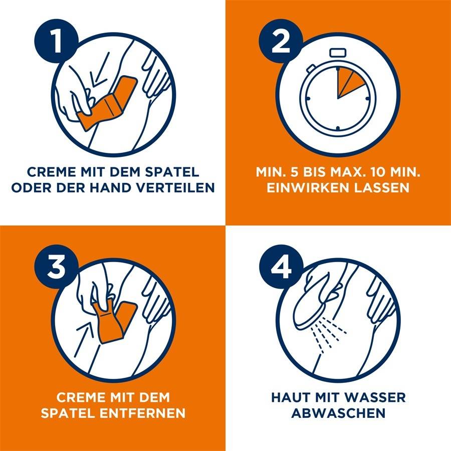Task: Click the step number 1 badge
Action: [56, 41]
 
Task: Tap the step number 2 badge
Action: [281, 41]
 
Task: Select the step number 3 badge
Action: [56, 267]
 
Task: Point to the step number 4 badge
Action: [281, 267]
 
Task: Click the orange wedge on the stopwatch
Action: [348, 82]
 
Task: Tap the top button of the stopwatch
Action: [338, 53]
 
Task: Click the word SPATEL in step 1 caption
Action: [172, 172]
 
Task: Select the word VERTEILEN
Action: [175, 187]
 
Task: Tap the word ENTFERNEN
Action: [142, 413]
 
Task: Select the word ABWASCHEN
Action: [338, 413]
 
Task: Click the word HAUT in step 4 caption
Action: [291, 397]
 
